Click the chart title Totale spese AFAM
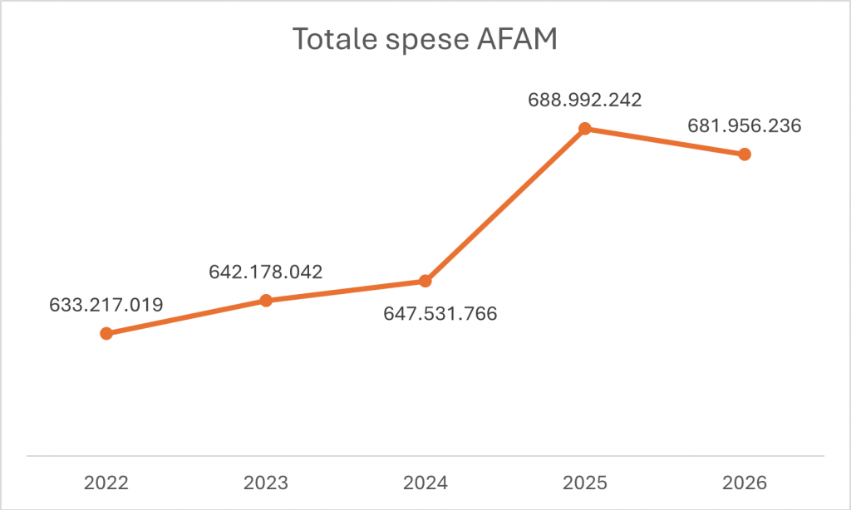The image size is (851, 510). pyautogui.click(x=425, y=39)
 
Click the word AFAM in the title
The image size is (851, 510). pyautogui.click(x=520, y=39)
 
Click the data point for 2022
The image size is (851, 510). pyautogui.click(x=106, y=333)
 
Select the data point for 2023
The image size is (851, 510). pyautogui.click(x=266, y=300)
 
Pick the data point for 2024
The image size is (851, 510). pyautogui.click(x=425, y=281)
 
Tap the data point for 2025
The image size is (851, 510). pyautogui.click(x=584, y=128)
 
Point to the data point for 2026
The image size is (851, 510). pyautogui.click(x=745, y=154)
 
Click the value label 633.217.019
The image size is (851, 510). pyautogui.click(x=106, y=303)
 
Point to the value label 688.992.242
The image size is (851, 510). pyautogui.click(x=585, y=100)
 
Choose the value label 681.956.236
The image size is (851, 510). pyautogui.click(x=744, y=126)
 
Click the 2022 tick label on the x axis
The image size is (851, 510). pyautogui.click(x=106, y=482)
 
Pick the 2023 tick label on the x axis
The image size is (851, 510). pyautogui.click(x=266, y=482)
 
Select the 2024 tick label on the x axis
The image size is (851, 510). pyautogui.click(x=425, y=482)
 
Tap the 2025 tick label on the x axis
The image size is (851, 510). pyautogui.click(x=584, y=482)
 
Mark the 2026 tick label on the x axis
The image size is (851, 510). pyautogui.click(x=744, y=482)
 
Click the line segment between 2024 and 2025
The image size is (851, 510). pyautogui.click(x=504, y=204)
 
